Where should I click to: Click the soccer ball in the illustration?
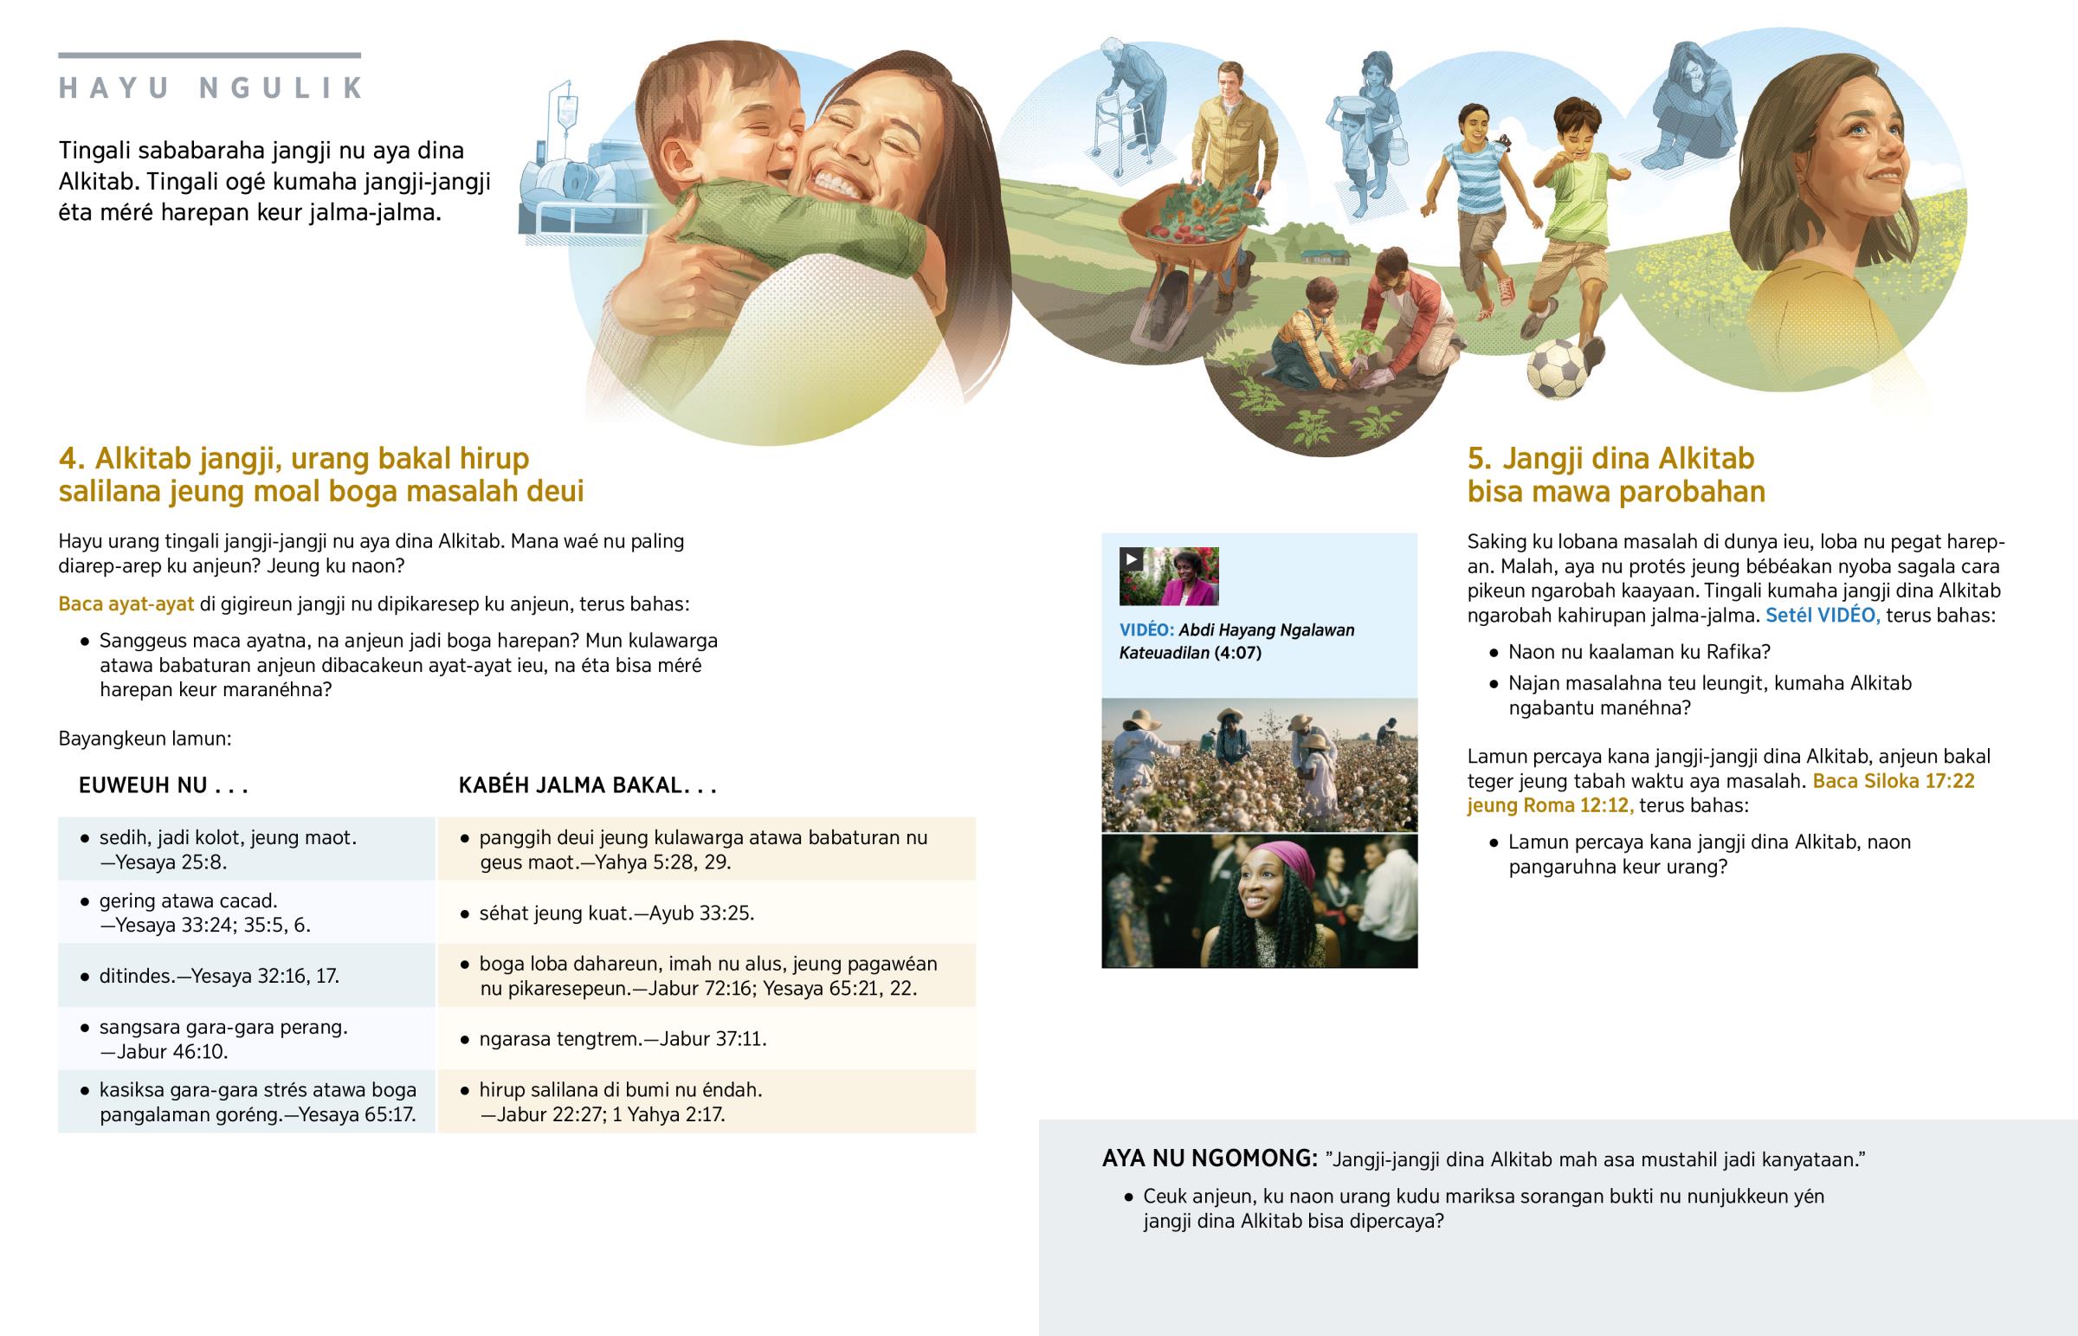(x=1557, y=370)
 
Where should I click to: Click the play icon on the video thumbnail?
(x=1131, y=559)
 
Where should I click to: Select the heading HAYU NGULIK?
(x=210, y=87)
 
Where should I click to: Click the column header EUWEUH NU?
(x=163, y=785)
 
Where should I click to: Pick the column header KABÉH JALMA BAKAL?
(x=587, y=785)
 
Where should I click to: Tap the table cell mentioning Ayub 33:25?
(x=706, y=913)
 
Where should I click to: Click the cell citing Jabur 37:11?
(x=706, y=1038)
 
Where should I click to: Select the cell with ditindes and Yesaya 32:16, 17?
(x=246, y=976)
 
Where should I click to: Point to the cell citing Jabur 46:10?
(x=246, y=1038)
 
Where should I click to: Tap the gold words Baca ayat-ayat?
(x=126, y=603)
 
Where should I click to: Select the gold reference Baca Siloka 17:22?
(x=1894, y=781)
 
